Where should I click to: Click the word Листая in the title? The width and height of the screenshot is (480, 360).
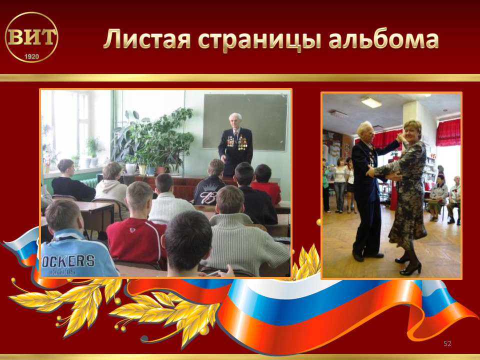tap(147, 39)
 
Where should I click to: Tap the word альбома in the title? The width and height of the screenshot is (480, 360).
tap(383, 38)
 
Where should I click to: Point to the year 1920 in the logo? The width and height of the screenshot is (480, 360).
tap(31, 56)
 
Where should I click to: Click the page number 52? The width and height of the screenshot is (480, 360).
tap(447, 343)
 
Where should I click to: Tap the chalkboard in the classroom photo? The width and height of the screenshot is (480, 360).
tap(245, 122)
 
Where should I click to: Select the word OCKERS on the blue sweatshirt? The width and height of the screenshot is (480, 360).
tap(68, 261)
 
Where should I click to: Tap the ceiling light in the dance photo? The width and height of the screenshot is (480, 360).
tap(371, 102)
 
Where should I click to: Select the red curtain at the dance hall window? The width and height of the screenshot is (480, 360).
tap(448, 132)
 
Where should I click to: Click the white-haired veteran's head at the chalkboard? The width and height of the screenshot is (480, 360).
tap(235, 121)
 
